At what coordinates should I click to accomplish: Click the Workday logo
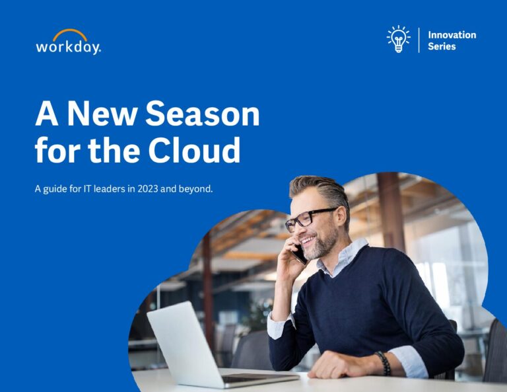68,42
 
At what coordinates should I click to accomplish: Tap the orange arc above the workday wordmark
70,32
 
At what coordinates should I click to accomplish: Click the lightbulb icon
398,39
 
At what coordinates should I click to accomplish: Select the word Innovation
452,35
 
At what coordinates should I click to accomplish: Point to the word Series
442,46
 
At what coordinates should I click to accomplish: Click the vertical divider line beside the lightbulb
419,40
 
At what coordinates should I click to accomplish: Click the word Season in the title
203,113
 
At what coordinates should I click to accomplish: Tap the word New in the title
102,113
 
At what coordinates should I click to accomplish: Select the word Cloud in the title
194,150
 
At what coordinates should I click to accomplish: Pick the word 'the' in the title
114,150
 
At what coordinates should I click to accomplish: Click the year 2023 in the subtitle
147,188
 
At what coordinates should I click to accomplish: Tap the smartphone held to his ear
300,254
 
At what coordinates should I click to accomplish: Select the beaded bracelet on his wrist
384,363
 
